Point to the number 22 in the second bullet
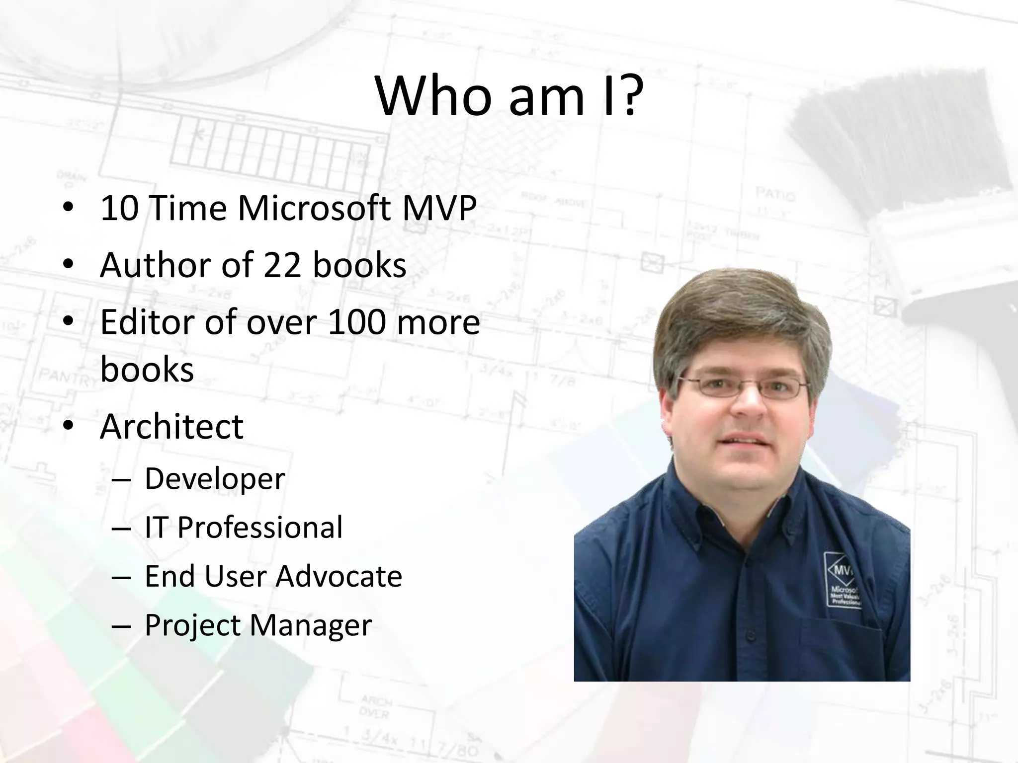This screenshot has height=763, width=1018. [x=282, y=265]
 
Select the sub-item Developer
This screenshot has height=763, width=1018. [x=215, y=478]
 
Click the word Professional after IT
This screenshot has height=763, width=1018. [x=260, y=527]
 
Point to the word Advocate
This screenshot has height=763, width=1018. [x=339, y=576]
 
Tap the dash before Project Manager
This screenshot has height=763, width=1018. [x=121, y=625]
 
